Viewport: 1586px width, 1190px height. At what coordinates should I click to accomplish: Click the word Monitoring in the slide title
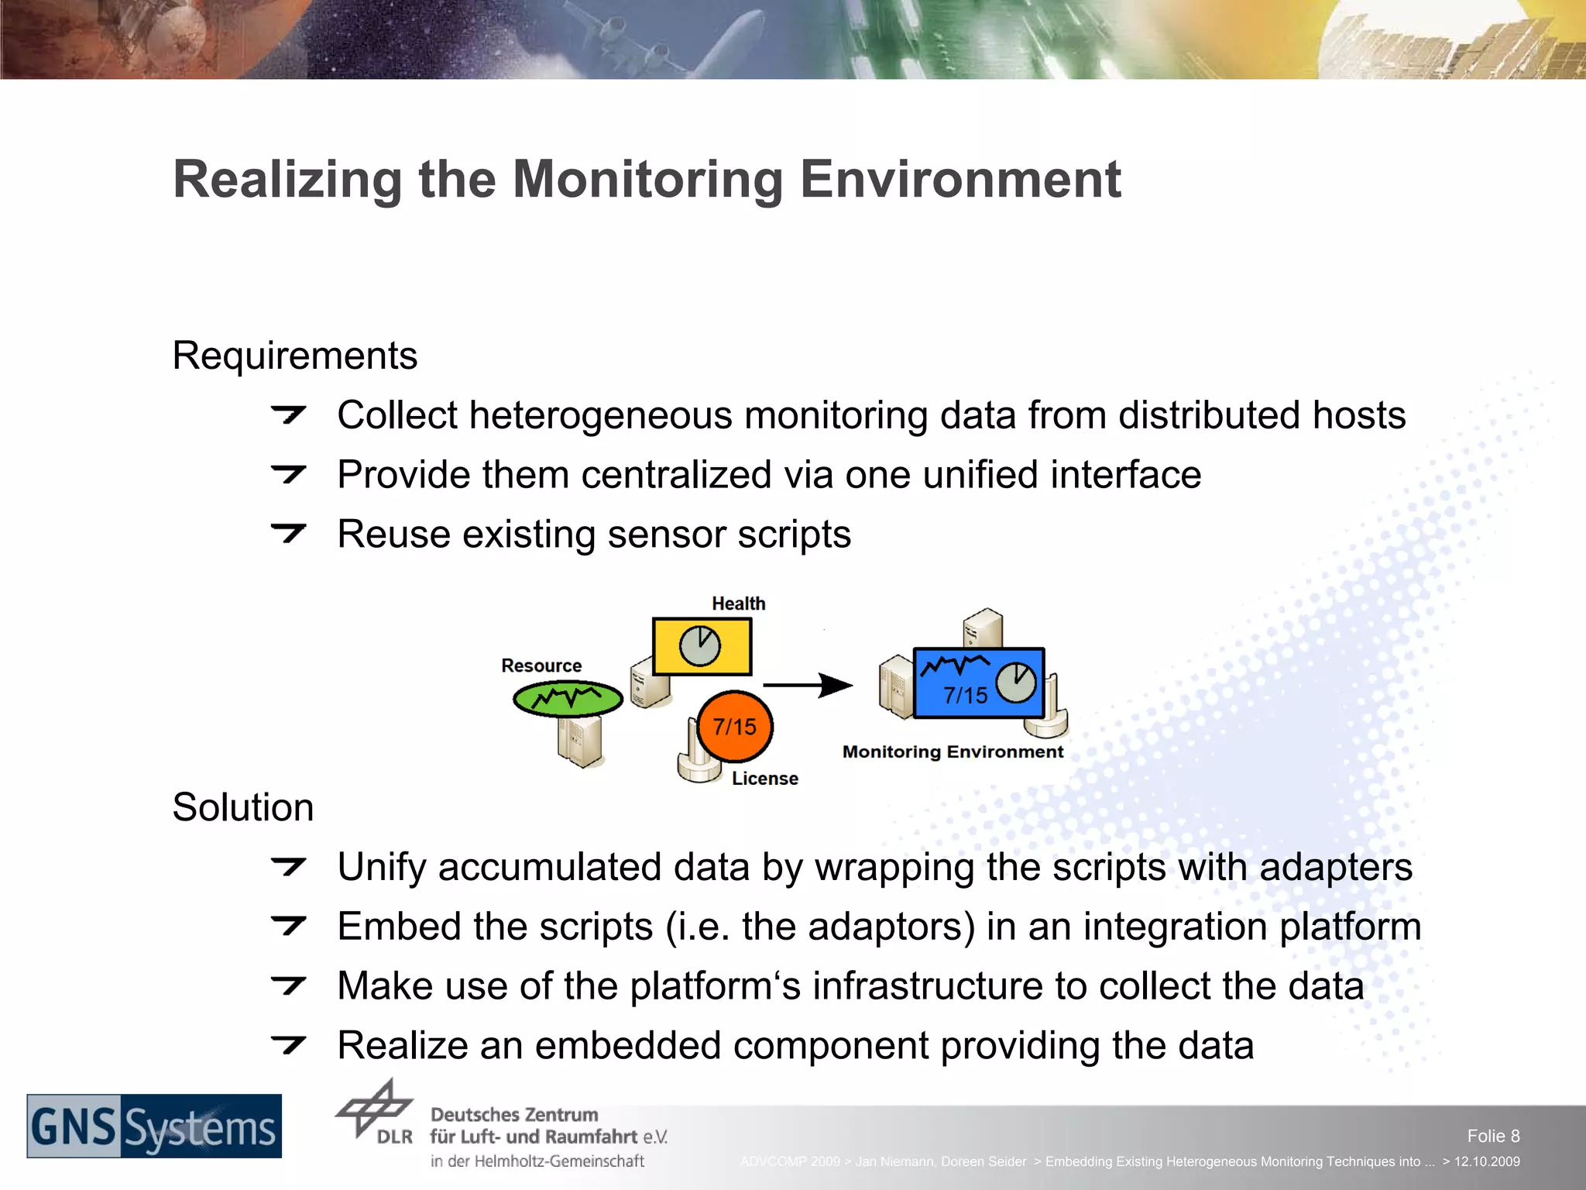(x=647, y=180)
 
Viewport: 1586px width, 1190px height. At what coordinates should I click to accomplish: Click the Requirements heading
(x=294, y=356)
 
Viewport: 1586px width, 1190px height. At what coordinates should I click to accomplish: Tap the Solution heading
(x=242, y=808)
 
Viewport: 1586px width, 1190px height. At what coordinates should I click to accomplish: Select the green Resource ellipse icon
(x=568, y=699)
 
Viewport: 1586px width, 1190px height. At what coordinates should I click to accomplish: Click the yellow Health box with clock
(x=702, y=646)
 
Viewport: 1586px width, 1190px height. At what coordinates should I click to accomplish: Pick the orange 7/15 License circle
(x=734, y=727)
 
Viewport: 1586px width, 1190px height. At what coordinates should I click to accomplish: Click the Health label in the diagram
(x=738, y=604)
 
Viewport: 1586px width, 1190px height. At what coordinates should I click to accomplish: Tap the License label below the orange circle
(x=764, y=779)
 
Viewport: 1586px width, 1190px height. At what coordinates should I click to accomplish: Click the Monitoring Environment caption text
(x=953, y=752)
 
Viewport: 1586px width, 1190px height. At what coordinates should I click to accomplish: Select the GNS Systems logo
(x=154, y=1126)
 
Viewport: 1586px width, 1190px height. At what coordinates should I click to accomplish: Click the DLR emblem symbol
(x=375, y=1109)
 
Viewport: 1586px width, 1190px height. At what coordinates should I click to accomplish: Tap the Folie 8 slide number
(x=1492, y=1136)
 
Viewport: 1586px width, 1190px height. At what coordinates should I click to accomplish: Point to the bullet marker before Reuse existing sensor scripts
(x=289, y=533)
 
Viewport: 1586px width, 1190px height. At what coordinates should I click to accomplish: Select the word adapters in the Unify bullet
(x=1335, y=867)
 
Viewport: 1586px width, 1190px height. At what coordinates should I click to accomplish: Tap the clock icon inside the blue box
(x=1015, y=683)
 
